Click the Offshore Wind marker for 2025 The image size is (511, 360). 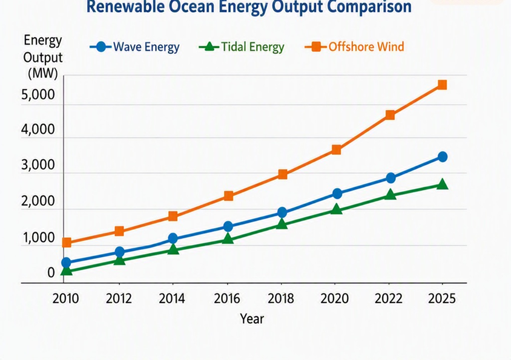tap(442, 85)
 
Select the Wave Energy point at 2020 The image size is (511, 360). tap(337, 194)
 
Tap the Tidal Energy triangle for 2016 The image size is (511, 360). tap(228, 239)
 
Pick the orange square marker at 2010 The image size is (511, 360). tap(67, 243)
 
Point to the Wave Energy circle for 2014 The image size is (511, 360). tap(173, 238)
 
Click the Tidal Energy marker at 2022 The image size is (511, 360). tap(390, 194)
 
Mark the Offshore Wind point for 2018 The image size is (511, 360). tap(283, 175)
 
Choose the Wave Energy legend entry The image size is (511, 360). tap(134, 47)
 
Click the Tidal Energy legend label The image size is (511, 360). tap(252, 47)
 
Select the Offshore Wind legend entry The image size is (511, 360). tap(355, 47)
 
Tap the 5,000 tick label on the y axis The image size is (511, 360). tap(38, 95)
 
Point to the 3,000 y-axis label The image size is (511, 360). tap(38, 165)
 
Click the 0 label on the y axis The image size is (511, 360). tap(51, 273)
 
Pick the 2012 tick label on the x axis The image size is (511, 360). tap(119, 298)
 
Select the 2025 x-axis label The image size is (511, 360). tap(442, 298)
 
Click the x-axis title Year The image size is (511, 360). tap(252, 318)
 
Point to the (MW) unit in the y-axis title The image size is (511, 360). tap(43, 73)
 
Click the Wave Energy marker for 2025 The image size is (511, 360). tap(443, 157)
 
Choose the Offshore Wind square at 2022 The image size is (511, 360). tap(390, 115)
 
